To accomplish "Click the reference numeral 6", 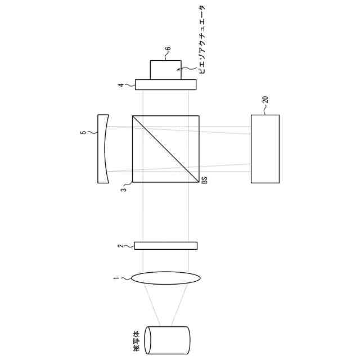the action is click(x=169, y=49).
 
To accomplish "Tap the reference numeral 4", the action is click(x=121, y=85).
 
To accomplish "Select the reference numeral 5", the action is click(x=84, y=132).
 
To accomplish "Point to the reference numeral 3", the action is click(x=124, y=190).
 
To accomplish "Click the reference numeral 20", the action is click(x=265, y=100).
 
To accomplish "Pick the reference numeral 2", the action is click(x=121, y=246).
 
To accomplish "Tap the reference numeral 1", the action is click(x=116, y=278).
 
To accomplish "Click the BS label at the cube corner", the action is click(x=205, y=180).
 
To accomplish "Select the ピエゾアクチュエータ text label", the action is click(x=202, y=39).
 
